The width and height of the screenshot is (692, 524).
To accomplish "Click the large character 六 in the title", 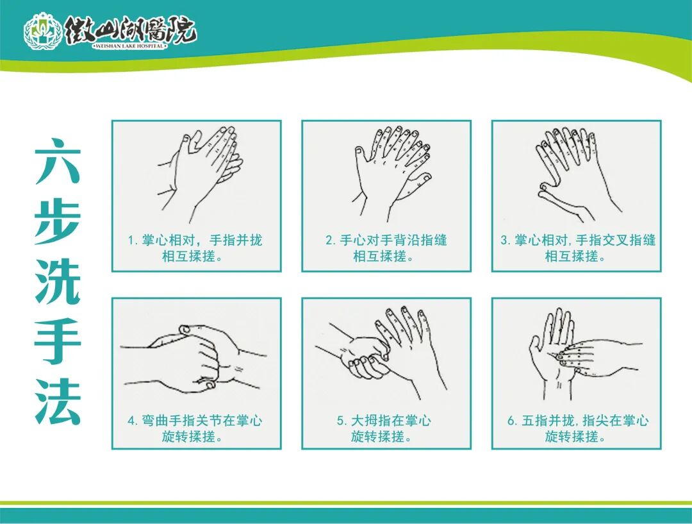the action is click(x=58, y=162).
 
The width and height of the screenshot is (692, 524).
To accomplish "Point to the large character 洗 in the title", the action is click(x=58, y=282).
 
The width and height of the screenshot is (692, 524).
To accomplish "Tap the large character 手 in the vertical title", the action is click(x=58, y=342).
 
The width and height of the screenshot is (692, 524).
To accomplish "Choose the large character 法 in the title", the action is click(x=58, y=403).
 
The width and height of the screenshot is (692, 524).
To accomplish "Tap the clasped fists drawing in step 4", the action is click(x=194, y=359).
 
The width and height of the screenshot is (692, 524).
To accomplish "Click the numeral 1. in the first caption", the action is click(x=133, y=241).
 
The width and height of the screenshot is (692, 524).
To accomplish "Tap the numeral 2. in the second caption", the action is click(x=331, y=241).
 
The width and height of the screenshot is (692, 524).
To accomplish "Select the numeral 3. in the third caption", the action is click(x=506, y=241).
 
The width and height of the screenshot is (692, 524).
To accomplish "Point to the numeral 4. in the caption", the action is click(x=133, y=421).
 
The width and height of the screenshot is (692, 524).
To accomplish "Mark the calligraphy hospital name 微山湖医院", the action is click(x=131, y=30).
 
